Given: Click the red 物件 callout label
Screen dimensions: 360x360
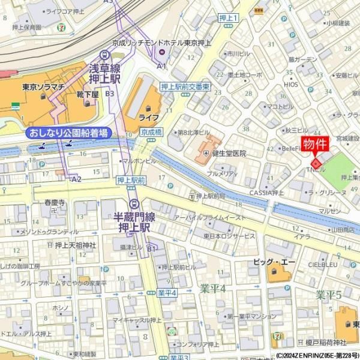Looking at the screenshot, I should click(x=315, y=145).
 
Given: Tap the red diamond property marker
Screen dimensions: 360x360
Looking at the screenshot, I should click(x=316, y=163).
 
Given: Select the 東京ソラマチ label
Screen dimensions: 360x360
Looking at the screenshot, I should click(x=43, y=86).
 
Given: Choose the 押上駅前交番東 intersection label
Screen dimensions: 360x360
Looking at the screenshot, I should click(x=185, y=87).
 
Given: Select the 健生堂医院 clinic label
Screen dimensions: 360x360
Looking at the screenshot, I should click(x=226, y=154).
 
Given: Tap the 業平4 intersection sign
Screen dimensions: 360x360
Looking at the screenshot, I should click(x=167, y=293).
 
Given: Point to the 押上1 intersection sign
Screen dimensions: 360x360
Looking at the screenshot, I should click(x=228, y=19).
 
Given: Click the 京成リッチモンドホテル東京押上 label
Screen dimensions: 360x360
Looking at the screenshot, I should click(x=162, y=43).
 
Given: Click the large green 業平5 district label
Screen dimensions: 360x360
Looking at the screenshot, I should click(x=329, y=295).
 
